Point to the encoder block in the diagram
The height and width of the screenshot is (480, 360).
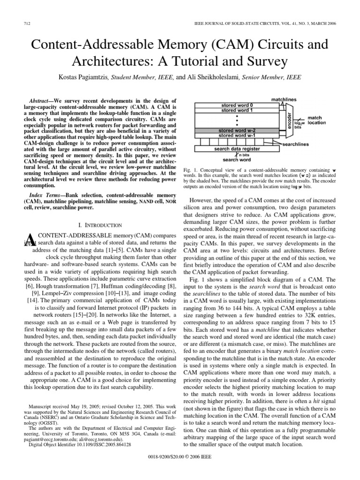coord(289,121)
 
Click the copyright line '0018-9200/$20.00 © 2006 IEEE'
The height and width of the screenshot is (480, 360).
coord(180,468)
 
